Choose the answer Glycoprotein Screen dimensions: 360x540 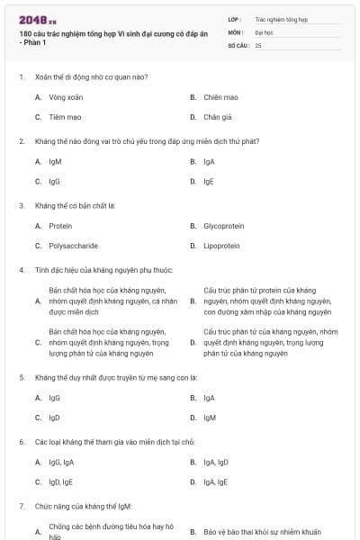[x=224, y=226]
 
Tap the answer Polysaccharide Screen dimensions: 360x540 [x=73, y=246]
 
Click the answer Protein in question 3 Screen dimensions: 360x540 [x=60, y=226]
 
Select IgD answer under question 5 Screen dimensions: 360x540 [x=55, y=418]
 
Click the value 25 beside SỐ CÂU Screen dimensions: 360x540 [x=258, y=44]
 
